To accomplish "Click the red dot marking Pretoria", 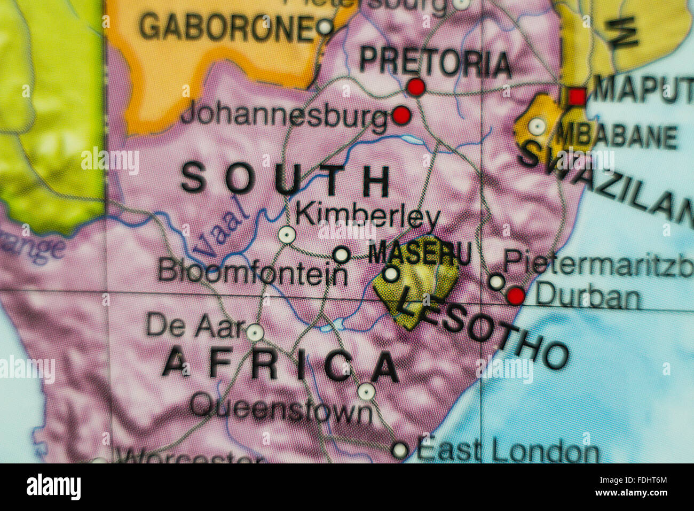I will tap(416, 87).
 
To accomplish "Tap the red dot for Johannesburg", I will tap(401, 115).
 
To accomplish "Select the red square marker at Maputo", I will tap(577, 97).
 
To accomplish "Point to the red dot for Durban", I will tap(516, 296).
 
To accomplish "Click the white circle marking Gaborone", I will tap(324, 26).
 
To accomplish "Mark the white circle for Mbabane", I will tap(537, 127).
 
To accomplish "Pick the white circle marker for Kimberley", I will tap(287, 235).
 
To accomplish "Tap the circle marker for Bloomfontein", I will tap(341, 254).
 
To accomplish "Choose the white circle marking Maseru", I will tap(391, 274).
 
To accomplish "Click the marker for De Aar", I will tap(255, 332).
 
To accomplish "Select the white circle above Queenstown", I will tap(366, 392).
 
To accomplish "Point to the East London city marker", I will tap(400, 450).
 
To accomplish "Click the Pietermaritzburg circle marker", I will tap(496, 282).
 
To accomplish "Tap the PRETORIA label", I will tap(435, 62).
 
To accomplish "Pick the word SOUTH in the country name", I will tap(286, 180).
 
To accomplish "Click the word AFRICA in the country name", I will tap(280, 366).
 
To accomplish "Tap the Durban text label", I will tap(587, 297).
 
